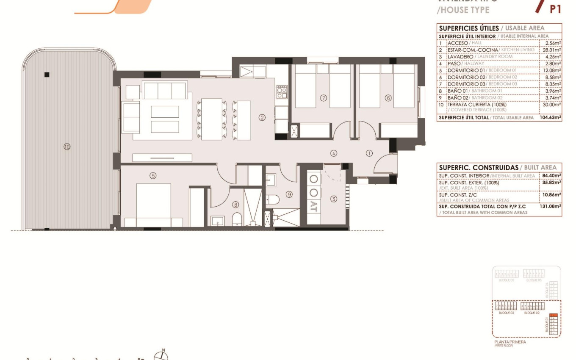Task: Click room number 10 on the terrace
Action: coord(66,147)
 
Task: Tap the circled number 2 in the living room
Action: coord(262,117)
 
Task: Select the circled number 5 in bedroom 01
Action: coord(153,175)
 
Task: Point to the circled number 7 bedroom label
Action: coord(324,98)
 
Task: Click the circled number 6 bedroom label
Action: coord(388,98)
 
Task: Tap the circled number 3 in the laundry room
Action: coord(334,199)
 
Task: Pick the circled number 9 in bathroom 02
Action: coord(289,194)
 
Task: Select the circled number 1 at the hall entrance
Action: coord(369,153)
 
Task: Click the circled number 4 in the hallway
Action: coord(334,153)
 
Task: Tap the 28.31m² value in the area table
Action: coord(551,50)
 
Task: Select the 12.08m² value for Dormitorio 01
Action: coord(551,70)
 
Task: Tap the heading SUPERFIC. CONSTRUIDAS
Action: coord(478,168)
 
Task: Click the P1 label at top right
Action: coord(555,9)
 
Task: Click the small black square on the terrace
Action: coord(47,75)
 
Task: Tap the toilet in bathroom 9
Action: coord(274,199)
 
